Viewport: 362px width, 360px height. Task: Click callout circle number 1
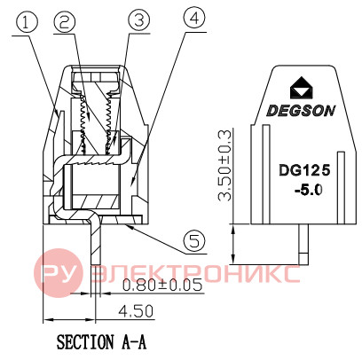pyautogui.click(x=28, y=23)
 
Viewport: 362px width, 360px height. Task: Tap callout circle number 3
pyautogui.click(x=139, y=20)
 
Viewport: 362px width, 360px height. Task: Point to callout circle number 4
pyautogui.click(x=193, y=19)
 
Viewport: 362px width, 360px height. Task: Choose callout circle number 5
pyautogui.click(x=194, y=242)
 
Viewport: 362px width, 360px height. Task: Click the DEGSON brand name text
pyautogui.click(x=301, y=111)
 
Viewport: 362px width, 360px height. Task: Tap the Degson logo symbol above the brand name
pyautogui.click(x=302, y=88)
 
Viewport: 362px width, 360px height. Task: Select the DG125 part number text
pyautogui.click(x=304, y=170)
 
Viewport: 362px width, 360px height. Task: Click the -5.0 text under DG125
pyautogui.click(x=308, y=191)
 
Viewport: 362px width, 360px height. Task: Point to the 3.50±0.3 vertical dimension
pyautogui.click(x=224, y=165)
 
